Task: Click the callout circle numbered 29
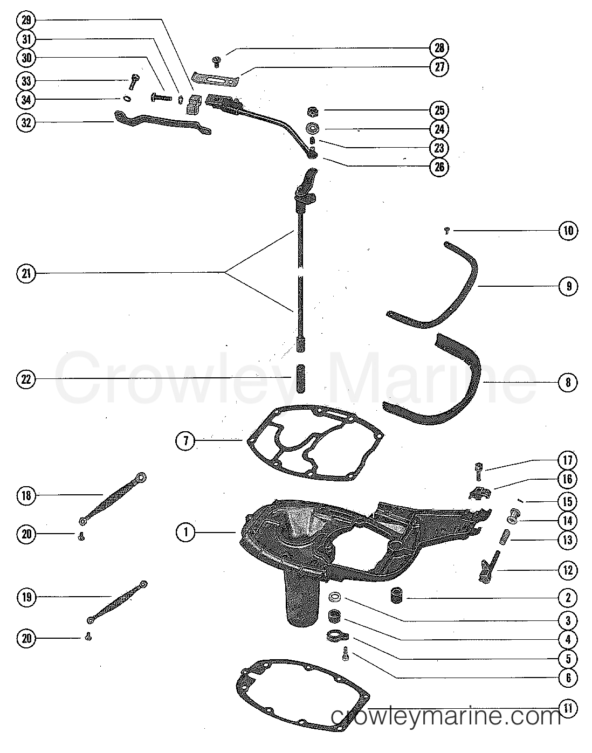[25, 21]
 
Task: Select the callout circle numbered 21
[25, 273]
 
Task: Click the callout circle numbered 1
[185, 533]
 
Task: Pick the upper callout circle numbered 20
[25, 534]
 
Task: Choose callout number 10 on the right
[568, 231]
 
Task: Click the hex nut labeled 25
[311, 112]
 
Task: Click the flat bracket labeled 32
[162, 121]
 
